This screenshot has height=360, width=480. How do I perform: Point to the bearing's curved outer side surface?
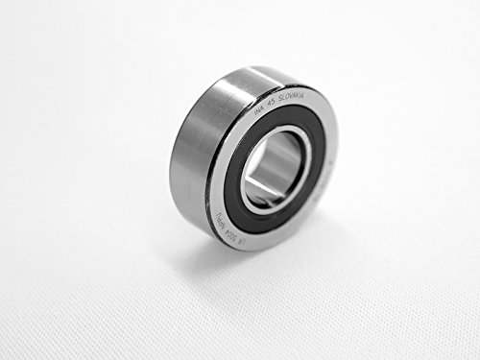[x=192, y=144]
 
